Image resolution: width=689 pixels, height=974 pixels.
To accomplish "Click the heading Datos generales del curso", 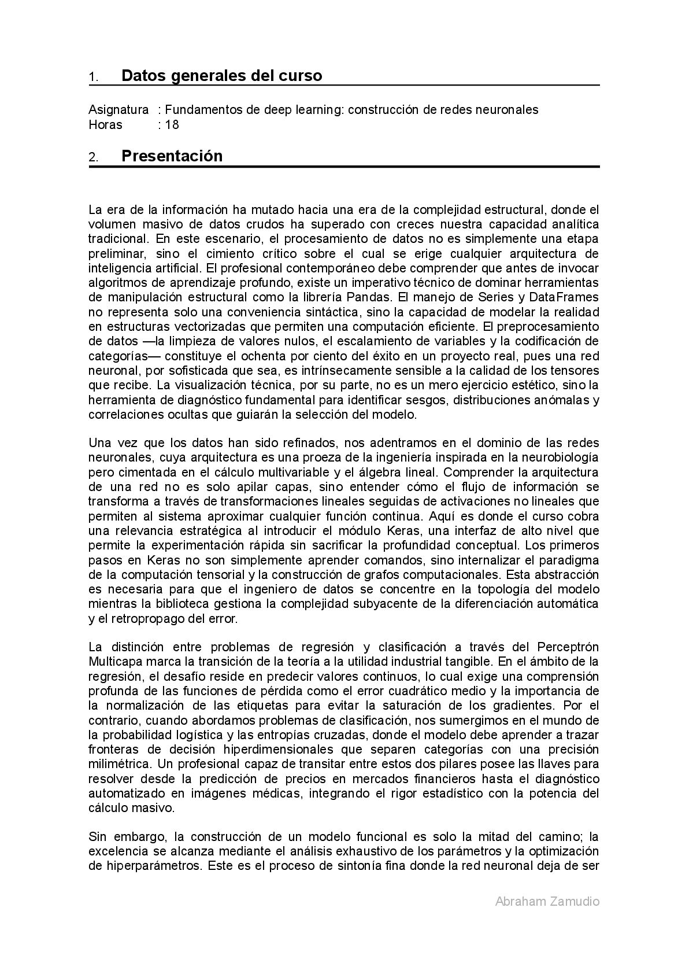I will (x=221, y=76).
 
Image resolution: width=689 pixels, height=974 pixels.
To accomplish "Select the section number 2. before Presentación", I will (x=93, y=158).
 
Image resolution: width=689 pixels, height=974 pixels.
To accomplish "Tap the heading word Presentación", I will (x=172, y=156).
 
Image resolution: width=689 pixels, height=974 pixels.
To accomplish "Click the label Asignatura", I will (x=118, y=110).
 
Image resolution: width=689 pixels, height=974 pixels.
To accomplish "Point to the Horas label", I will (x=105, y=125).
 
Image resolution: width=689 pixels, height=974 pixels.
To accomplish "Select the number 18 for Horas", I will (x=172, y=125).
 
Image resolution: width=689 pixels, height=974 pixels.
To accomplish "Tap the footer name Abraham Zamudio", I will (x=547, y=901).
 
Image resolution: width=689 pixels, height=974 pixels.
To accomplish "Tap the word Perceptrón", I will (x=568, y=647).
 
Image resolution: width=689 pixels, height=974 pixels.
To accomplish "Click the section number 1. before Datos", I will (x=93, y=78).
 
